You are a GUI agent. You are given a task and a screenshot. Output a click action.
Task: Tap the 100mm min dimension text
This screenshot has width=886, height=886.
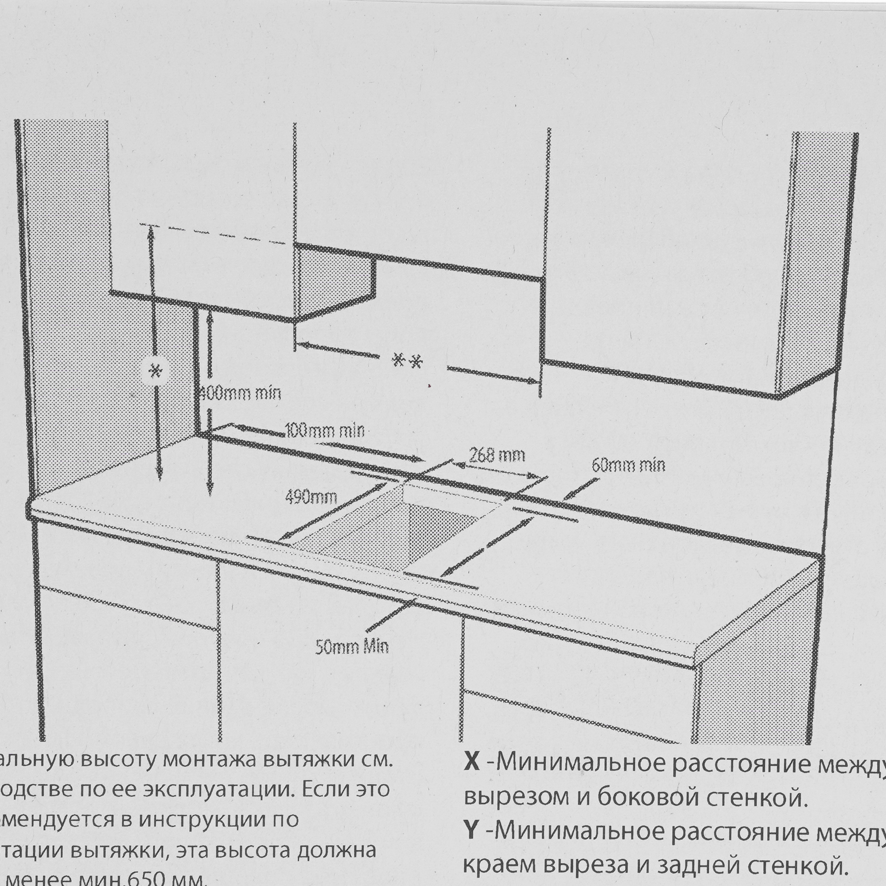pos(325,431)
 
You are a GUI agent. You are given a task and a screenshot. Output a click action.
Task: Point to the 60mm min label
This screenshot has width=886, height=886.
pos(628,466)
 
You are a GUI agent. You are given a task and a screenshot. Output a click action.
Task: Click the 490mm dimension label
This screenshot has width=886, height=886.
pos(311,497)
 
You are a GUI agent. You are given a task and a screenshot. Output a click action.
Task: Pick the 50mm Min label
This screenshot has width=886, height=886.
pos(352,647)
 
